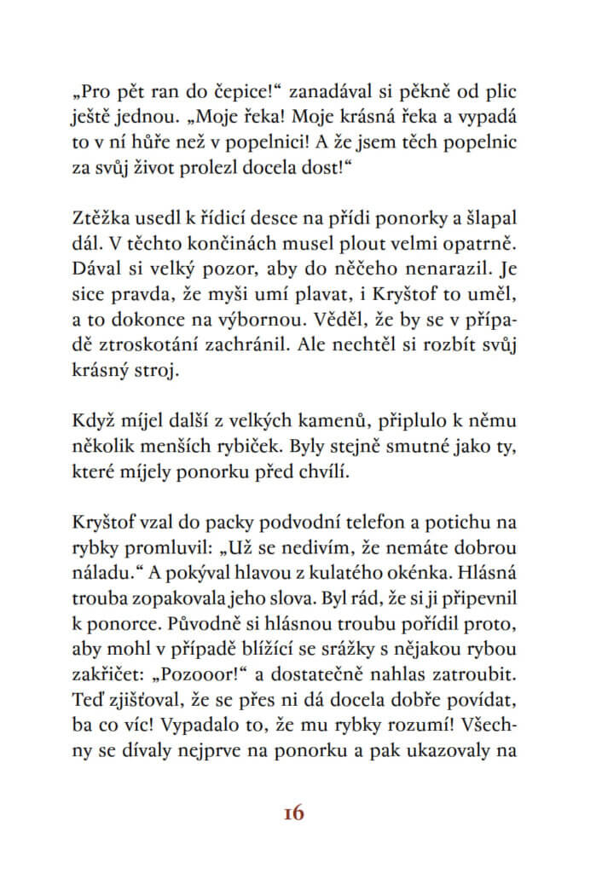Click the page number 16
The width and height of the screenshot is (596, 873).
(292, 812)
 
